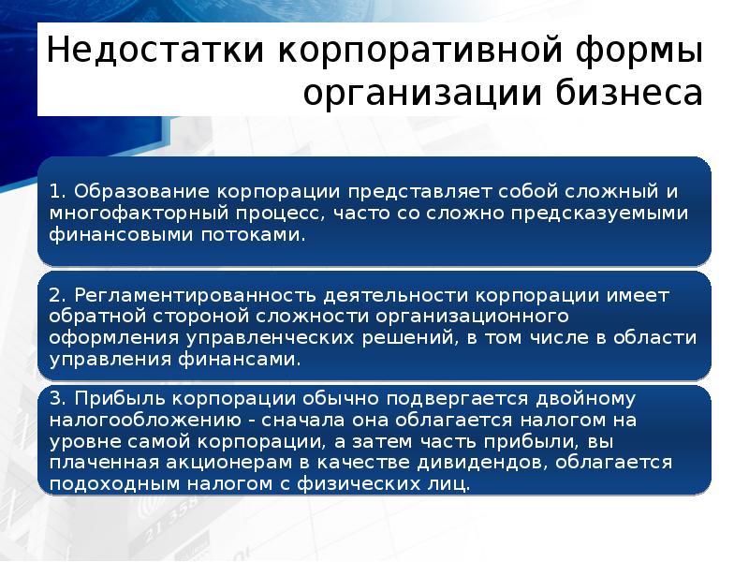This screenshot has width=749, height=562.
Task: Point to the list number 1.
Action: point(55,192)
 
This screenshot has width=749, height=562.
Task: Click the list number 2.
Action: point(55,296)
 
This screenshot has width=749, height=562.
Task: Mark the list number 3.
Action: point(55,400)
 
